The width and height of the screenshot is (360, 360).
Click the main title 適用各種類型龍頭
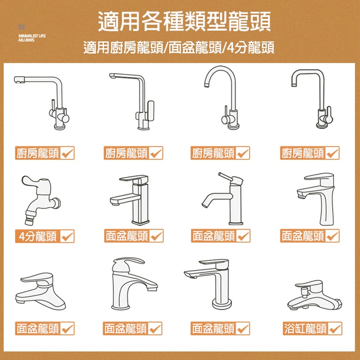click(x=184, y=21)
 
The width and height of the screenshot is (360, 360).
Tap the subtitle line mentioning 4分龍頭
click(x=179, y=48)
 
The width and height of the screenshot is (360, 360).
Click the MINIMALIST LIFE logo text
click(x=32, y=38)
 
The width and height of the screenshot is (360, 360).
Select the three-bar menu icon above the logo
click(x=21, y=27)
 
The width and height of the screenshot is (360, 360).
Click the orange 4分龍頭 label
click(x=45, y=236)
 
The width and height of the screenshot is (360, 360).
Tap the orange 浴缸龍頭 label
click(x=312, y=328)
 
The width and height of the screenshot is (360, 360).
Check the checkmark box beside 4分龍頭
click(x=67, y=236)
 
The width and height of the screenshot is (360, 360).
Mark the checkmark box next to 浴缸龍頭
click(x=335, y=328)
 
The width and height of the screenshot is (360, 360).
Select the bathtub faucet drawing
click(x=315, y=295)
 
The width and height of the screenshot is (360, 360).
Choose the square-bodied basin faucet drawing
click(x=130, y=200)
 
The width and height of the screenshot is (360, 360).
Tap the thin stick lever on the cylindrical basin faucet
click(x=225, y=175)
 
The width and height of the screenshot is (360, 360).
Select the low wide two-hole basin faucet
click(x=40, y=291)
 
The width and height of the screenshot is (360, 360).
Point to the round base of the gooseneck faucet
click(x=234, y=126)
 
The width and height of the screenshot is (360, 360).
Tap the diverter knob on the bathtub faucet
click(x=305, y=292)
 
